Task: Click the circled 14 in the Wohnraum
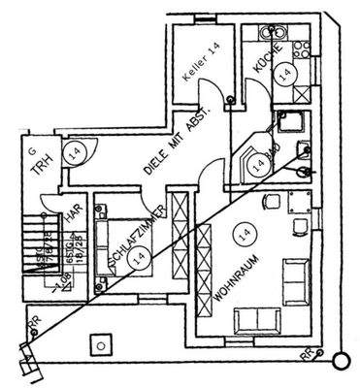click(244, 234)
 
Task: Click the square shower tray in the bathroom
click(289, 123)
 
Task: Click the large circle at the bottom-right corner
click(340, 362)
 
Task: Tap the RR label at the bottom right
click(307, 357)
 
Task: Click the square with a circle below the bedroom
click(101, 342)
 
